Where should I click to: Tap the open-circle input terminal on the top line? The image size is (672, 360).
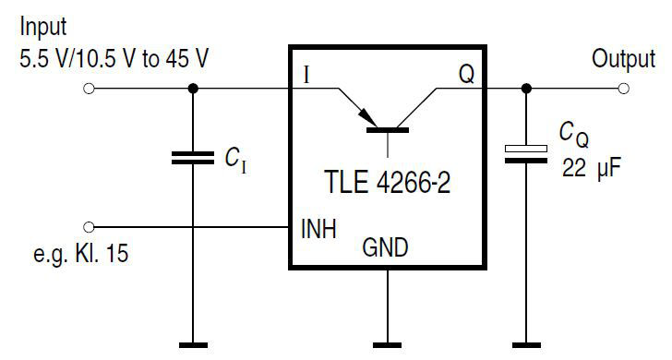(89, 89)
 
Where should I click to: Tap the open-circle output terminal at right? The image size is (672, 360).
(625, 89)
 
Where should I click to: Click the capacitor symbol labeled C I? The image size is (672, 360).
(193, 158)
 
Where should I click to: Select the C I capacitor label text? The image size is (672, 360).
(234, 160)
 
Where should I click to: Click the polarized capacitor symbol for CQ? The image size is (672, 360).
(526, 153)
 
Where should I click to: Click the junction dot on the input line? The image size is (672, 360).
(193, 89)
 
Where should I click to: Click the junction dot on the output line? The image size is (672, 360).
(526, 89)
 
